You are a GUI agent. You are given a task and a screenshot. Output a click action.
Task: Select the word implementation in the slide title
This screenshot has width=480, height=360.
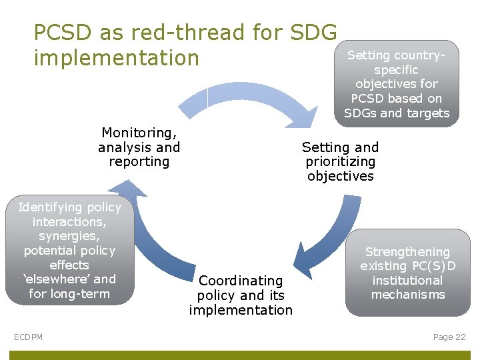(x=117, y=58)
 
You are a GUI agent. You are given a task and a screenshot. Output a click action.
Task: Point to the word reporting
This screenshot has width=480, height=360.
(x=139, y=161)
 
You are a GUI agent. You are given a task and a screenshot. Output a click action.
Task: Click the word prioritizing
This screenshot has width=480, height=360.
(x=340, y=161)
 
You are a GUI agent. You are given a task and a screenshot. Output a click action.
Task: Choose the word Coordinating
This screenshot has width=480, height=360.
(x=241, y=281)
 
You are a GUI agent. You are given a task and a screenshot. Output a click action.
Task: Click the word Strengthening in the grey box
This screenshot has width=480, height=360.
(x=407, y=252)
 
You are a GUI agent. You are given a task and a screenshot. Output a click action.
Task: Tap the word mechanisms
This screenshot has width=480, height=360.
(x=407, y=295)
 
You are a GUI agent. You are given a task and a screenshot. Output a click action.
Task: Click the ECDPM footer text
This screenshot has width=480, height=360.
(x=28, y=337)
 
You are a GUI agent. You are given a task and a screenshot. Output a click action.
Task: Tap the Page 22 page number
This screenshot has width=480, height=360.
(x=449, y=337)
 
